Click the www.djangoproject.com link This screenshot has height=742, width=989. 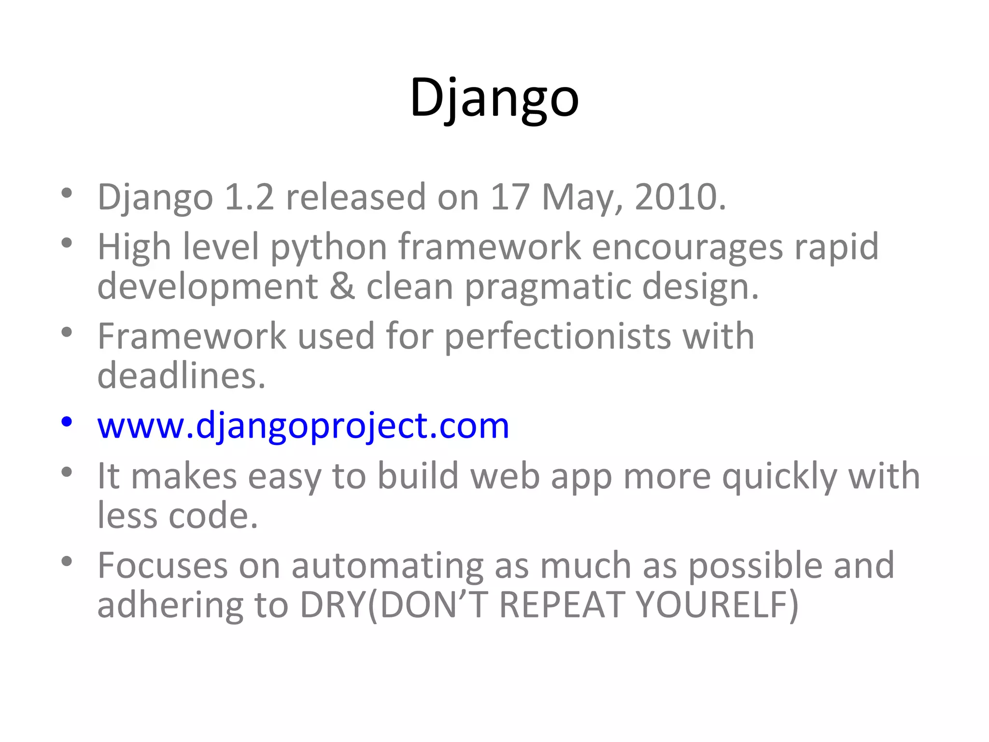point(303,426)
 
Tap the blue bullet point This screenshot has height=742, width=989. point(67,422)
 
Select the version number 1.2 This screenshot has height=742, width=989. point(249,197)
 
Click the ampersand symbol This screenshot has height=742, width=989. point(342,286)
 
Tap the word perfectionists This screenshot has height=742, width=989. point(557,337)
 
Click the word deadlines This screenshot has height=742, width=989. point(181,376)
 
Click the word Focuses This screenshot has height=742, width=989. point(162,565)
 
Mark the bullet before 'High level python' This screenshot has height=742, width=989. point(67,243)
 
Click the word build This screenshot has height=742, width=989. point(418,476)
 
